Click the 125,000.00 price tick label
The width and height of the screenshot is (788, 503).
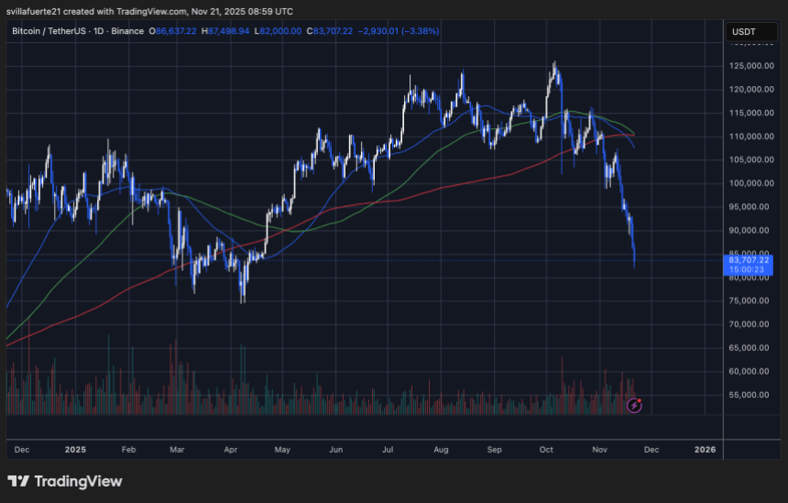[748, 66]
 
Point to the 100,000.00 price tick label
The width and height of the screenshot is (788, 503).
[748, 183]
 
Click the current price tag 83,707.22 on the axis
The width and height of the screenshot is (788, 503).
[748, 260]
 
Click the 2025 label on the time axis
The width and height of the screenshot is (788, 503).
[76, 450]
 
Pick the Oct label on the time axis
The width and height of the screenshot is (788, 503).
[547, 450]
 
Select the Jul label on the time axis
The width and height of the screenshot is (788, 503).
[389, 450]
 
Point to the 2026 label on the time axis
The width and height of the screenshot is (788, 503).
[706, 450]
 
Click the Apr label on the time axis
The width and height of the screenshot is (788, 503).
[231, 450]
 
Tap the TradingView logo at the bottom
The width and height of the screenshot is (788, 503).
[65, 481]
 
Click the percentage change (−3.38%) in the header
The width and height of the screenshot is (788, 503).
[419, 31]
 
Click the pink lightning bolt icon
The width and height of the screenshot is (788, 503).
[633, 404]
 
